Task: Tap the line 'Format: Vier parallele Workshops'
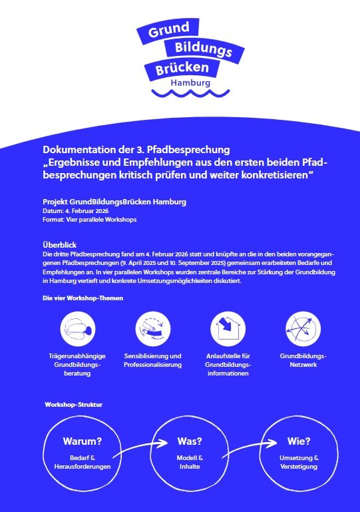click(x=85, y=219)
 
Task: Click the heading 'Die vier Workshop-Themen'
click(x=79, y=298)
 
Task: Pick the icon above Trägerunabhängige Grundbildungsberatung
click(x=79, y=328)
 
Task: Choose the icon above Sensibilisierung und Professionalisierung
click(x=152, y=328)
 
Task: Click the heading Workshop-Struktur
click(x=73, y=404)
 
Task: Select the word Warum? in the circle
click(x=82, y=441)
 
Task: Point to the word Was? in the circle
click(x=189, y=441)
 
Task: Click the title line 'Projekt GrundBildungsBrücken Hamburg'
click(x=114, y=201)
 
